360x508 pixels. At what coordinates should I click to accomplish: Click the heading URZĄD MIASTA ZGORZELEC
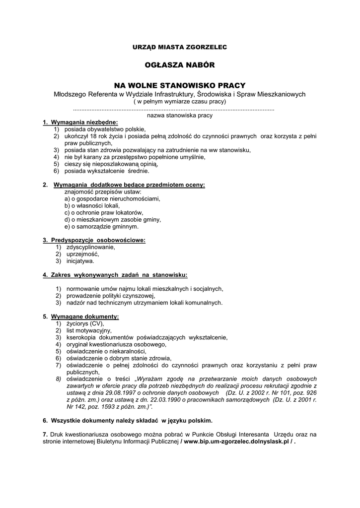179,47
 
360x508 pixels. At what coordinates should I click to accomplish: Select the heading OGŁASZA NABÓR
180,65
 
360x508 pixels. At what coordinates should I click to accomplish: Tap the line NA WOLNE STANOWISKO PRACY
180,85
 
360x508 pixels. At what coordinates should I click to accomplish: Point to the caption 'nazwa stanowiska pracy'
180,116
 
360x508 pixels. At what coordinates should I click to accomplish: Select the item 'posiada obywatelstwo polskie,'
105,129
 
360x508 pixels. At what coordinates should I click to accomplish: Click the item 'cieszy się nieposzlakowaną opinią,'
111,164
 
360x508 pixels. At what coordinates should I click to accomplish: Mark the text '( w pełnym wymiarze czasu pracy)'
180,101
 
